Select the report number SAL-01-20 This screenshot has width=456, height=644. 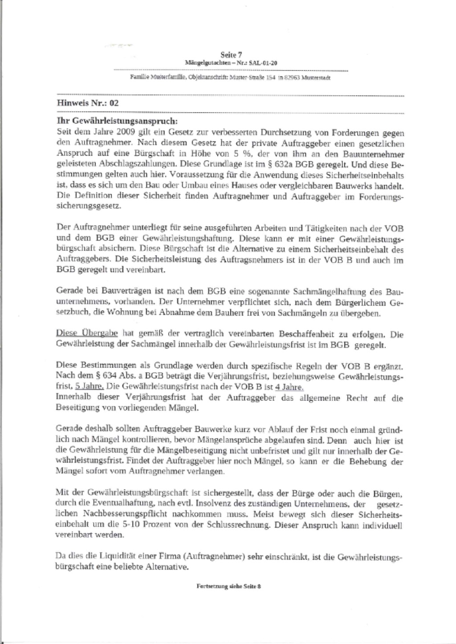click(264, 63)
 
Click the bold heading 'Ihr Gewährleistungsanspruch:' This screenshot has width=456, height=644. click(118, 121)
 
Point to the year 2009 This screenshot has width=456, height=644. click(126, 132)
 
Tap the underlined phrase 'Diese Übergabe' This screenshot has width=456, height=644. click(86, 334)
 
